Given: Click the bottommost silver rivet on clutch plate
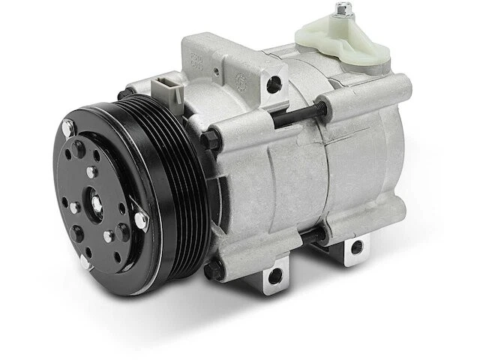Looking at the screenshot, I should point(84,262).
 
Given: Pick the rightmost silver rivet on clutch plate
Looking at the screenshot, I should point(140,219).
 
